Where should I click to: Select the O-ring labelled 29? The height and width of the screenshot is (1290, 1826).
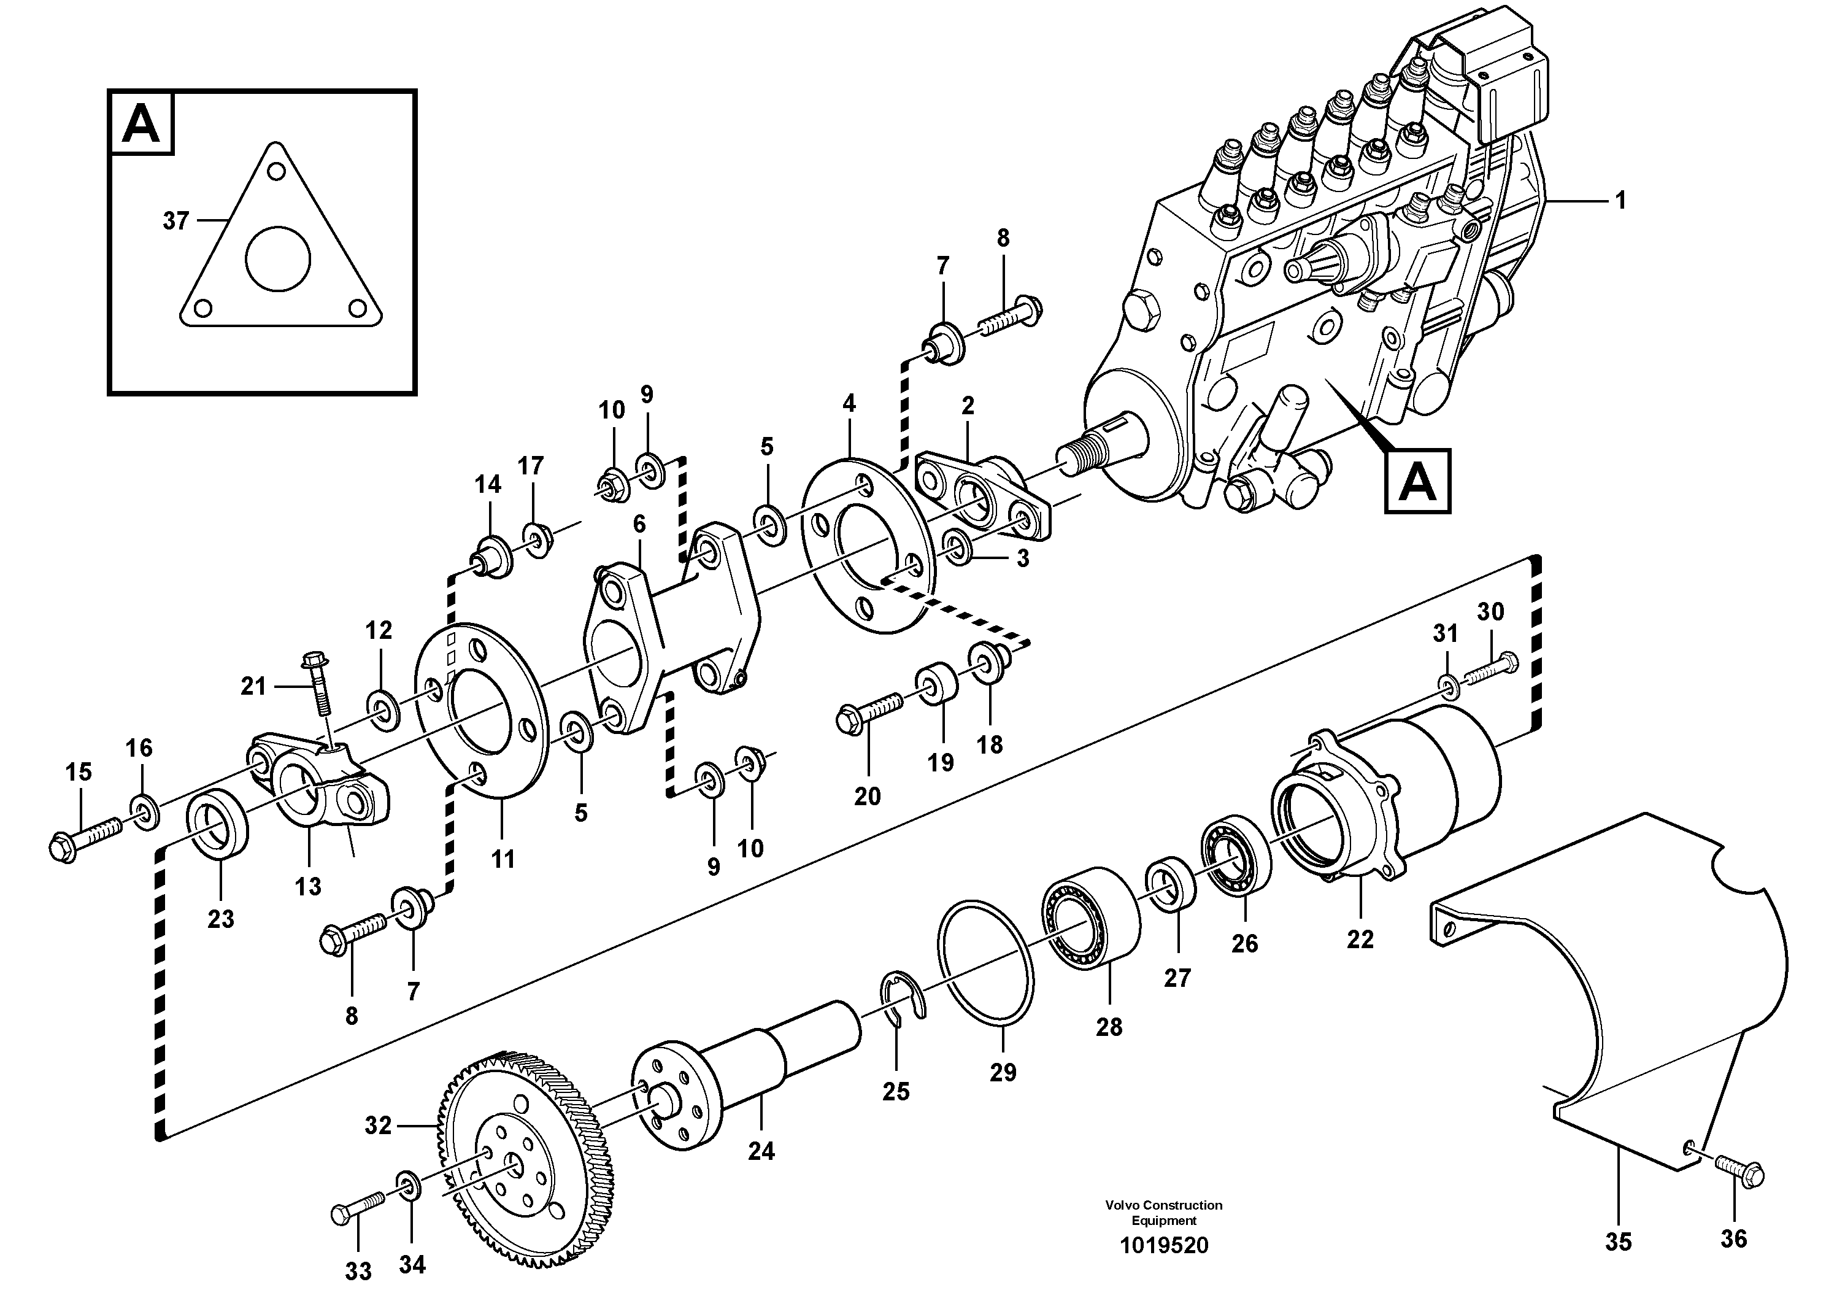point(986,963)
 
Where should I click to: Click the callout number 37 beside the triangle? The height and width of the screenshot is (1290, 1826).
point(175,220)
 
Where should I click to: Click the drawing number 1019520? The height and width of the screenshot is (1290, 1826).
point(1163,1245)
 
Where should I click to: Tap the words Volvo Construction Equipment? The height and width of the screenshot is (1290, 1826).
point(1163,1213)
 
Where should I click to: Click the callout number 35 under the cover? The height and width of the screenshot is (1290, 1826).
point(1617,1242)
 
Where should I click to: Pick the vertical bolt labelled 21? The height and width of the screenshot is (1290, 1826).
point(317,684)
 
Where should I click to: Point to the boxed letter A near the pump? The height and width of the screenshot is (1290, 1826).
point(1417,481)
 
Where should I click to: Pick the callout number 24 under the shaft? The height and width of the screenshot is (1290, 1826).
point(760,1151)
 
